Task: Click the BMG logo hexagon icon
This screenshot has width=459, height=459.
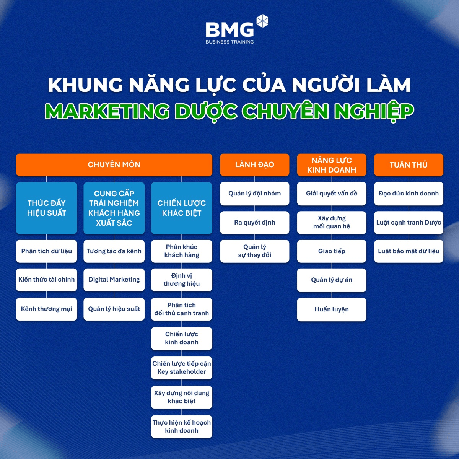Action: click(262, 21)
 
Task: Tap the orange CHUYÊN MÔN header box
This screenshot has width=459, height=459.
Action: click(114, 164)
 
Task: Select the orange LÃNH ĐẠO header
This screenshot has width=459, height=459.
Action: click(255, 164)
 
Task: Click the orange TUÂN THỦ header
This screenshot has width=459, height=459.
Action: click(409, 164)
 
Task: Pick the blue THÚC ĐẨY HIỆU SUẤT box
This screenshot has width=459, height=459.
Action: click(46, 208)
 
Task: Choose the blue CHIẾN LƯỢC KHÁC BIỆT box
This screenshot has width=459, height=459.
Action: click(182, 208)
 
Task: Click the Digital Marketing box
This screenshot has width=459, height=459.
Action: click(114, 280)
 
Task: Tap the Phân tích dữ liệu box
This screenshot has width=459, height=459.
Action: click(46, 251)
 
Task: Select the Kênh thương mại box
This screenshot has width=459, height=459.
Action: click(46, 309)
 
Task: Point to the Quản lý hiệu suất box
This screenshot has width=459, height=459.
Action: click(114, 309)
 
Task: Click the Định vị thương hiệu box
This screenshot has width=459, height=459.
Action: click(182, 280)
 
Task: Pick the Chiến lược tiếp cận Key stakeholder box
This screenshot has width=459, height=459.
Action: click(182, 368)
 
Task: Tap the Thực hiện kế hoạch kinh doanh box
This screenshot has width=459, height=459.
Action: click(182, 426)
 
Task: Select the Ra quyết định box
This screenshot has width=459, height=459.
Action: click(255, 223)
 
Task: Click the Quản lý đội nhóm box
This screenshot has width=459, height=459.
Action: click(255, 194)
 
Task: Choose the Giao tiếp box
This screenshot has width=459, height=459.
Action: click(332, 251)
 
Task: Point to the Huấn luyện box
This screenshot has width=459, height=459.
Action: click(332, 309)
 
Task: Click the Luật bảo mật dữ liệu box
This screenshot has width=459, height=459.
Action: click(409, 251)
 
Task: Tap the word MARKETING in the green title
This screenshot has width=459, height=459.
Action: click(107, 111)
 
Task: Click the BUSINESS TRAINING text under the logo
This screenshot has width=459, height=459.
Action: click(229, 42)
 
